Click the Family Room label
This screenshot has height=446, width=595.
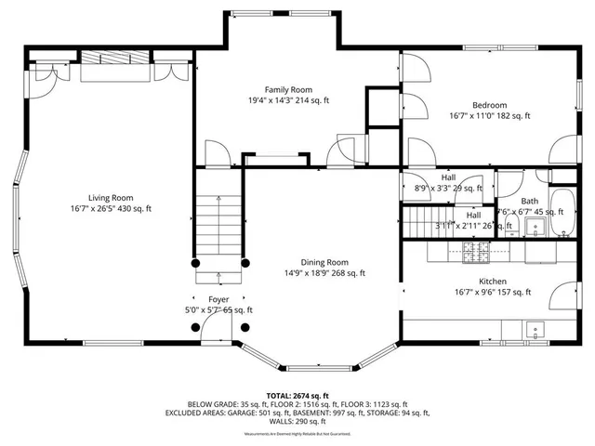289,88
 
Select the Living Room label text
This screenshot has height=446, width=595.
111,197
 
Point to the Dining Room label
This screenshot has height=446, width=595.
324,262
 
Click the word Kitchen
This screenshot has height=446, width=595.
492,281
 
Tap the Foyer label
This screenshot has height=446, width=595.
218,299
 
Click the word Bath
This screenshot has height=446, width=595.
529,201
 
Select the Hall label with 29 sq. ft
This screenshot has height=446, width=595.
448,177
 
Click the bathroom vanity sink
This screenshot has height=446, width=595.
534,226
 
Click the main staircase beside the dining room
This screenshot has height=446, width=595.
219,223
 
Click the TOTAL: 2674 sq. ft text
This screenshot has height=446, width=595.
297,395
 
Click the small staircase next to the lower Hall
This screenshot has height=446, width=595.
420,220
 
